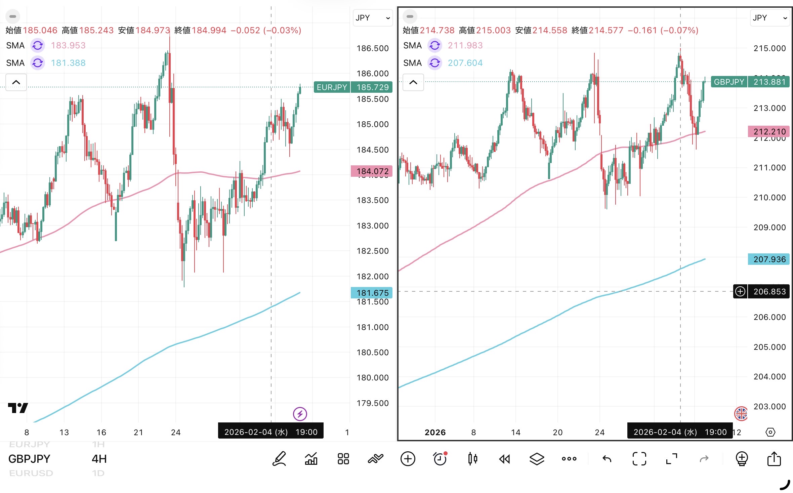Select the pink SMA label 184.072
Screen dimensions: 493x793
[372, 171]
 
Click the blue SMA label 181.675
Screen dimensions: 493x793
[372, 292]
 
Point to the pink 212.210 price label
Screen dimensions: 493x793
[769, 131]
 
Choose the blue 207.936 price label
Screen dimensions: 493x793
[769, 259]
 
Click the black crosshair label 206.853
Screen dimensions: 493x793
[769, 291]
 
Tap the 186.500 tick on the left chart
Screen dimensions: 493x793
[372, 48]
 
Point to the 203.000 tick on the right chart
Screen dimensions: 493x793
[769, 406]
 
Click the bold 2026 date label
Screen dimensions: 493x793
[435, 432]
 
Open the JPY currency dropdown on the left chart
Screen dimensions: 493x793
[373, 18]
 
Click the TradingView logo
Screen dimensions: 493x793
[18, 408]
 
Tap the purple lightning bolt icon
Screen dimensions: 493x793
[300, 414]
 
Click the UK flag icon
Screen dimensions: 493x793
[741, 413]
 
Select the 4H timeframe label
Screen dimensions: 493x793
[99, 459]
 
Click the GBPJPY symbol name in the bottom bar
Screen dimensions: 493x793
[29, 459]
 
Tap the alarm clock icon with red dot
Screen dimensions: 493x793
[440, 458]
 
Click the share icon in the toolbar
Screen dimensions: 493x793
[774, 458]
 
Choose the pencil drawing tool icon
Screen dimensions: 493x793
[279, 458]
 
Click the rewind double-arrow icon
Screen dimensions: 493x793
[505, 459]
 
